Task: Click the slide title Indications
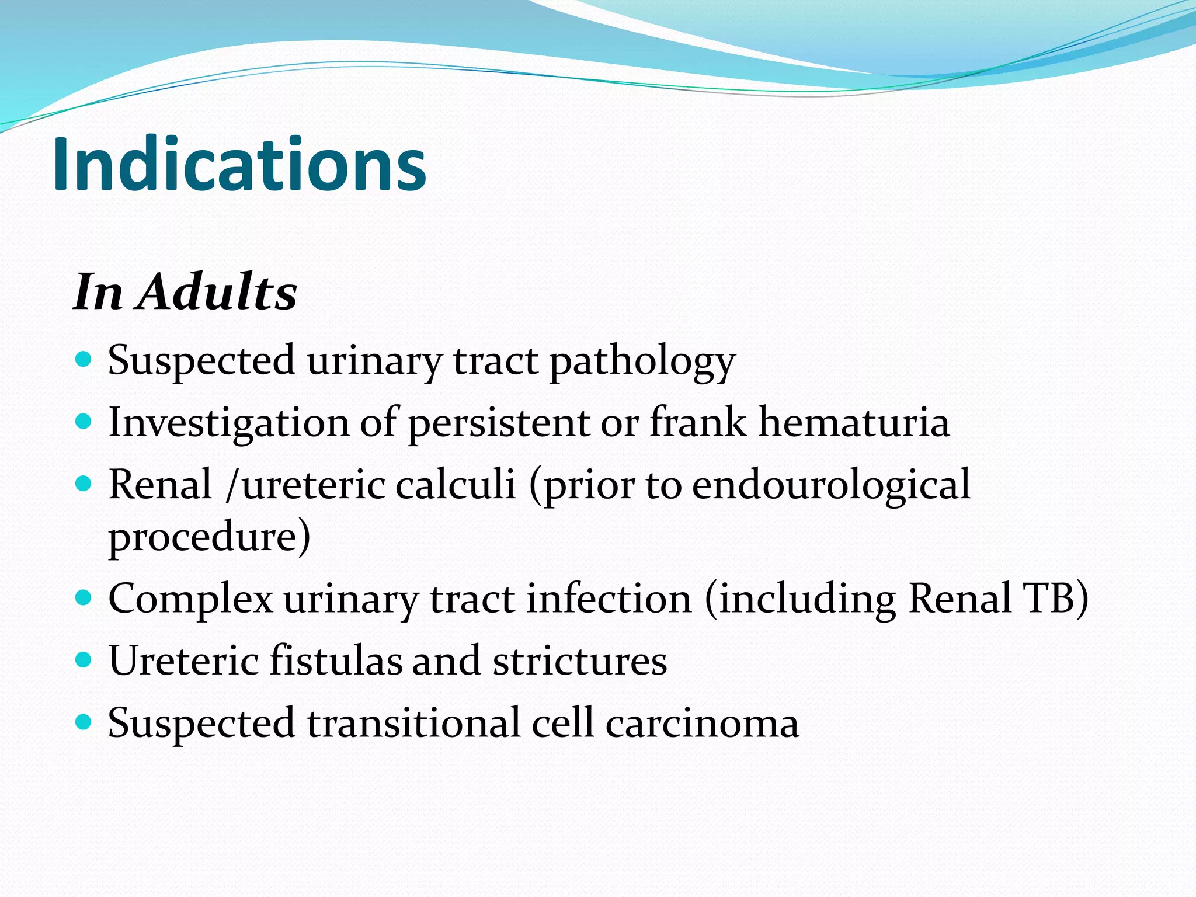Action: tap(239, 165)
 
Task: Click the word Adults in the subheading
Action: tap(217, 292)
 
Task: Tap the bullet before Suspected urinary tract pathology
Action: tap(84, 359)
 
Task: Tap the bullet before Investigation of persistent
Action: tap(84, 421)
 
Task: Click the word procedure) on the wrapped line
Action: tap(209, 537)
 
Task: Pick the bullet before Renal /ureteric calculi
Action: tap(84, 484)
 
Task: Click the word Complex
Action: tap(190, 600)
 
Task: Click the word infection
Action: tap(609, 599)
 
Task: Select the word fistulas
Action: tap(335, 661)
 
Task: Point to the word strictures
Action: tap(579, 661)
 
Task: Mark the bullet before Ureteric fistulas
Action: tap(84, 660)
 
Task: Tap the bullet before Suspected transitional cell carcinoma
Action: tap(84, 722)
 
